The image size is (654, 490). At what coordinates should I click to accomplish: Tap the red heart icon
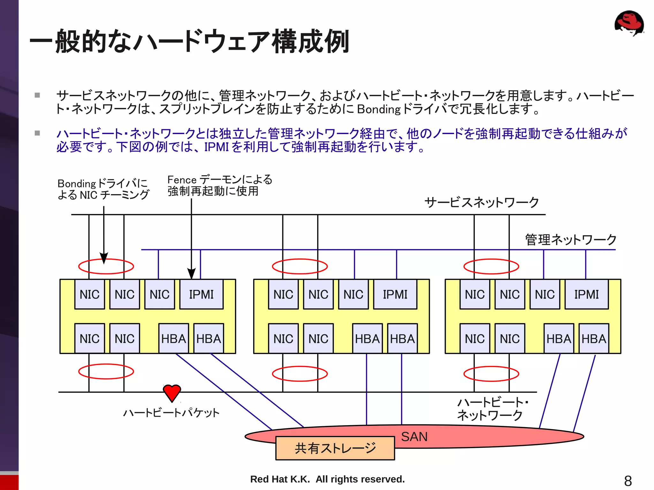pyautogui.click(x=172, y=392)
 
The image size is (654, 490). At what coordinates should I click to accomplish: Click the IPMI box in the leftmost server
pyautogui.click(x=201, y=294)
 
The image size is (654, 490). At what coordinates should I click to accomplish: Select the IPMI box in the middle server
pyautogui.click(x=395, y=294)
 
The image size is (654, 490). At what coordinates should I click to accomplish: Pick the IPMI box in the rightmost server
pyautogui.click(x=586, y=294)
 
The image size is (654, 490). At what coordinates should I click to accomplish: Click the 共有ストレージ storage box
pyautogui.click(x=335, y=448)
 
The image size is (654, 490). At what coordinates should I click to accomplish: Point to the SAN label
pyautogui.click(x=414, y=437)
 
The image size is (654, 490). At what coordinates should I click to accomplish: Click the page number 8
pyautogui.click(x=628, y=481)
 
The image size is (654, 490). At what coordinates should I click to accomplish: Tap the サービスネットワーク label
pyautogui.click(x=482, y=202)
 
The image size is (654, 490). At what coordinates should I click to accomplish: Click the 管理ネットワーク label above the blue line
pyautogui.click(x=571, y=240)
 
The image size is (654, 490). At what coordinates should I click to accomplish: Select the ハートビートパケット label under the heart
pyautogui.click(x=171, y=413)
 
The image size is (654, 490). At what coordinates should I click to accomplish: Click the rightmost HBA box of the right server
pyautogui.click(x=594, y=339)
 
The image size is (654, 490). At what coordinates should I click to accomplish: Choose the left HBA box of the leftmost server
pyautogui.click(x=173, y=339)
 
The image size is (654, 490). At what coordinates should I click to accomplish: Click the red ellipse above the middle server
pyautogui.click(x=300, y=267)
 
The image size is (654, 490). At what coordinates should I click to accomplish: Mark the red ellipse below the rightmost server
pyautogui.click(x=491, y=374)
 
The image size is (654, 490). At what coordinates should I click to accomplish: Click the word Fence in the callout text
pyautogui.click(x=182, y=180)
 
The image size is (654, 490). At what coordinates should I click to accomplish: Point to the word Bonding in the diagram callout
pyautogui.click(x=77, y=184)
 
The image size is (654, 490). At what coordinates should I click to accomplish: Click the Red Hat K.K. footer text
pyautogui.click(x=327, y=479)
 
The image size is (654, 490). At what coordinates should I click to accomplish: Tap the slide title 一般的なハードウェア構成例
pyautogui.click(x=189, y=41)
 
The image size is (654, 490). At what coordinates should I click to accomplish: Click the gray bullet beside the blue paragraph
pyautogui.click(x=37, y=133)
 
